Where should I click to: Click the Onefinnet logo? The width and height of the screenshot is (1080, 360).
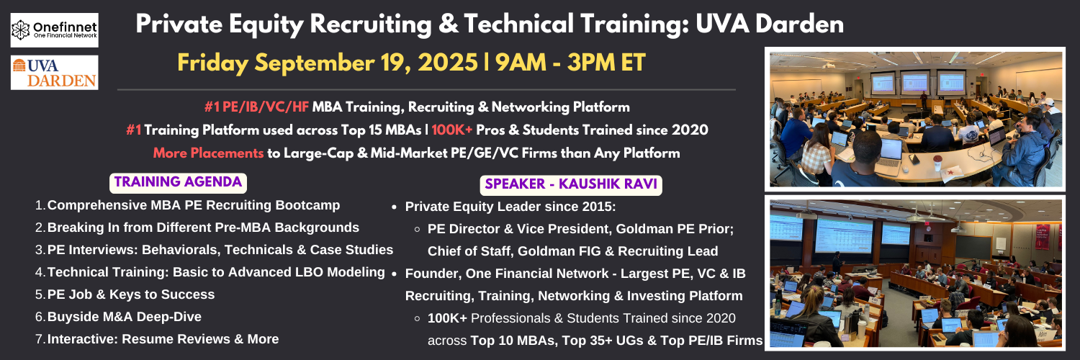(55, 30)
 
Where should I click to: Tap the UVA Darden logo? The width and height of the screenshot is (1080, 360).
(55, 72)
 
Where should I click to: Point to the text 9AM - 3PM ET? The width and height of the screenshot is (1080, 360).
(570, 63)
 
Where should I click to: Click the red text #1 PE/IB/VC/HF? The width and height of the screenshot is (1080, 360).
(256, 107)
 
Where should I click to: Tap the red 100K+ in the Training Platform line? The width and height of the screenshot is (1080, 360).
(451, 130)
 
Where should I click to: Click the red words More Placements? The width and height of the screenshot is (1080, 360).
(208, 153)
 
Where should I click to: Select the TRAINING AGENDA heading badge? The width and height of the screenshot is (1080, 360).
(179, 183)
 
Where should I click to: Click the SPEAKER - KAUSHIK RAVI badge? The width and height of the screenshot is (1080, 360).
(571, 184)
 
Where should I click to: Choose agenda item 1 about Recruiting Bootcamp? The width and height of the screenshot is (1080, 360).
(187, 205)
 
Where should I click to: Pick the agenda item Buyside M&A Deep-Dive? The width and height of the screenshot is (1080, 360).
(118, 317)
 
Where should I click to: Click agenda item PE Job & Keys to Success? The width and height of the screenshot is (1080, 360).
(125, 294)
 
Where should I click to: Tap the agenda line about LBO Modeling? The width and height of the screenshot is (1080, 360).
(210, 272)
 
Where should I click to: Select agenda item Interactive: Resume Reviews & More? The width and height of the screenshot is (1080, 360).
(157, 339)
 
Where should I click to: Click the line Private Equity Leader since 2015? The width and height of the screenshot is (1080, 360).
(510, 207)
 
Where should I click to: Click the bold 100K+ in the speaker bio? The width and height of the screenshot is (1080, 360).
(447, 318)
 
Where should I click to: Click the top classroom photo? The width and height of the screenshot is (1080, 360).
(915, 119)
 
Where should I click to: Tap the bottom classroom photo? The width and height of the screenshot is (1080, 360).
(915, 274)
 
